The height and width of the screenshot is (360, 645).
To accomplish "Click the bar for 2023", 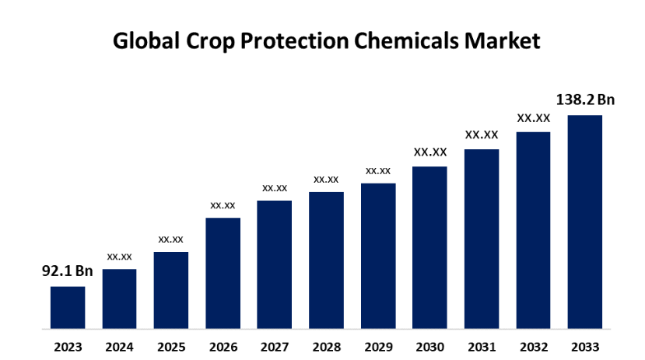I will pyautogui.click(x=68, y=307).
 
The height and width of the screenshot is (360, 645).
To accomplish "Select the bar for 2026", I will pyautogui.click(x=223, y=273).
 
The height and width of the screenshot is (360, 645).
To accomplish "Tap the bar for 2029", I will pyautogui.click(x=378, y=256).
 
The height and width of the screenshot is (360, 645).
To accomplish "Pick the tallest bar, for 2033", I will pyautogui.click(x=584, y=222).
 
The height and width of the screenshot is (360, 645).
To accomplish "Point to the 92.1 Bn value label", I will pyautogui.click(x=67, y=272).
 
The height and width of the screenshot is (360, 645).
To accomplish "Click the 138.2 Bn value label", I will pyautogui.click(x=585, y=100).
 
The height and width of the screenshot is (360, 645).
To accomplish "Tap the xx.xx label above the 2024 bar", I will pyautogui.click(x=119, y=256).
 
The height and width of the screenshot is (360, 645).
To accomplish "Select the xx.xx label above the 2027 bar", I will pyautogui.click(x=275, y=187).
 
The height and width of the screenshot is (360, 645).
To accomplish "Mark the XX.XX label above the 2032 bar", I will pyautogui.click(x=534, y=118).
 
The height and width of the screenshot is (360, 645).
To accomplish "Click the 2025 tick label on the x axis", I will pyautogui.click(x=171, y=346).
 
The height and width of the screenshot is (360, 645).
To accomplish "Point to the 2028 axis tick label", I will pyautogui.click(x=326, y=346).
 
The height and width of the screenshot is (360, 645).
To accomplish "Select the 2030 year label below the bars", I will pyautogui.click(x=429, y=346).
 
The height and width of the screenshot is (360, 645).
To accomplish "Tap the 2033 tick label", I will pyautogui.click(x=585, y=346).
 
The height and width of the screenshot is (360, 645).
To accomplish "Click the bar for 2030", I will pyautogui.click(x=429, y=247).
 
